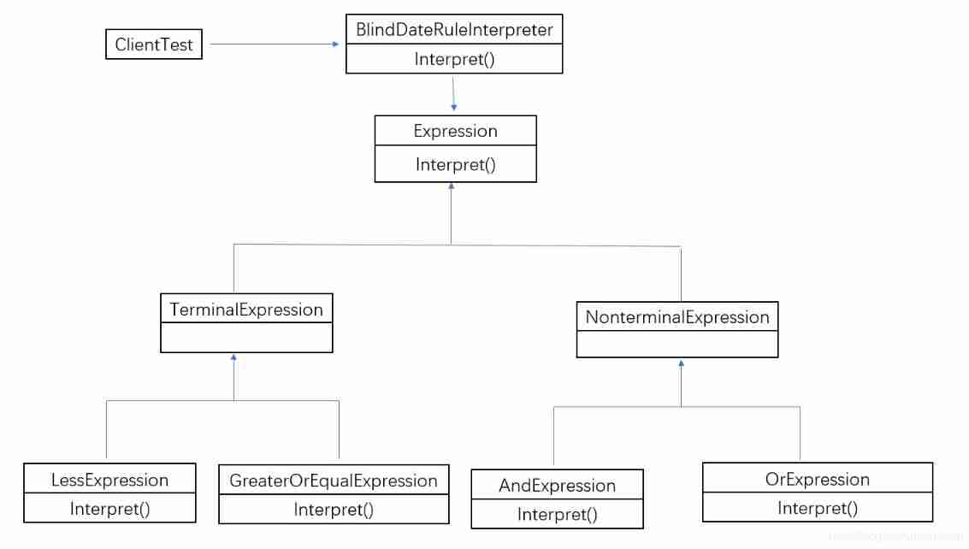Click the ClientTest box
click(154, 44)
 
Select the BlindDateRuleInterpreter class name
click(454, 30)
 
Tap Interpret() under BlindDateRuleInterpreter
click(454, 59)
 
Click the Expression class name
click(455, 131)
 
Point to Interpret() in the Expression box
click(455, 164)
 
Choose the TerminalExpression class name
click(246, 310)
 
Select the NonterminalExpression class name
click(677, 317)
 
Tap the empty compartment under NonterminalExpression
click(677, 345)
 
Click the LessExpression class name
click(109, 480)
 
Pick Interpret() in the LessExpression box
click(109, 509)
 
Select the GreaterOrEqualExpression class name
click(334, 481)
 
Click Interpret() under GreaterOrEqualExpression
click(334, 510)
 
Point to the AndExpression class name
click(557, 486)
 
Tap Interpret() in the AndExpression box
click(557, 514)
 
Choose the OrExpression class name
click(817, 479)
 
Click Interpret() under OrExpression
click(817, 508)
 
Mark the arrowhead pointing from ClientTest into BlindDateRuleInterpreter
click(336, 44)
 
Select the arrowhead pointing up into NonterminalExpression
click(681, 363)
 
